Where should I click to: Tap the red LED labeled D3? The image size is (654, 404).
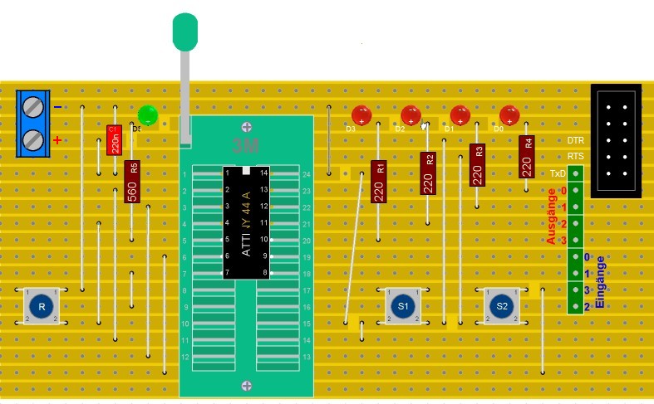(361, 114)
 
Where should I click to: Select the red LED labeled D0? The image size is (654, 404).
(509, 114)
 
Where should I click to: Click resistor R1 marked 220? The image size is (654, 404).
(378, 182)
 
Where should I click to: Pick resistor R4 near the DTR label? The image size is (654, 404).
(526, 157)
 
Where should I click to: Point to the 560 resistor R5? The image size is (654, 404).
(131, 182)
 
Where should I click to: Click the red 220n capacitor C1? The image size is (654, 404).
(115, 139)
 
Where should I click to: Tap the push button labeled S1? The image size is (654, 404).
(403, 305)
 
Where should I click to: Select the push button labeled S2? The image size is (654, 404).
(502, 305)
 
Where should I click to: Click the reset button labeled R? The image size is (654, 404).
(41, 305)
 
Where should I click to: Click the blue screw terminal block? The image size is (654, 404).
(33, 123)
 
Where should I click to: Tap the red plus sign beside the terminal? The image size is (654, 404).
(57, 140)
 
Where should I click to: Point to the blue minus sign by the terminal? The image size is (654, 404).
(57, 107)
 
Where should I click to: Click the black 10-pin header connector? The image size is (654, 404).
(616, 140)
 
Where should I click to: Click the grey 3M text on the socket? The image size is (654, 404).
(246, 147)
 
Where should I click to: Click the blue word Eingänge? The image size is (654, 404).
(602, 281)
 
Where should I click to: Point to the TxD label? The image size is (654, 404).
(558, 173)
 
